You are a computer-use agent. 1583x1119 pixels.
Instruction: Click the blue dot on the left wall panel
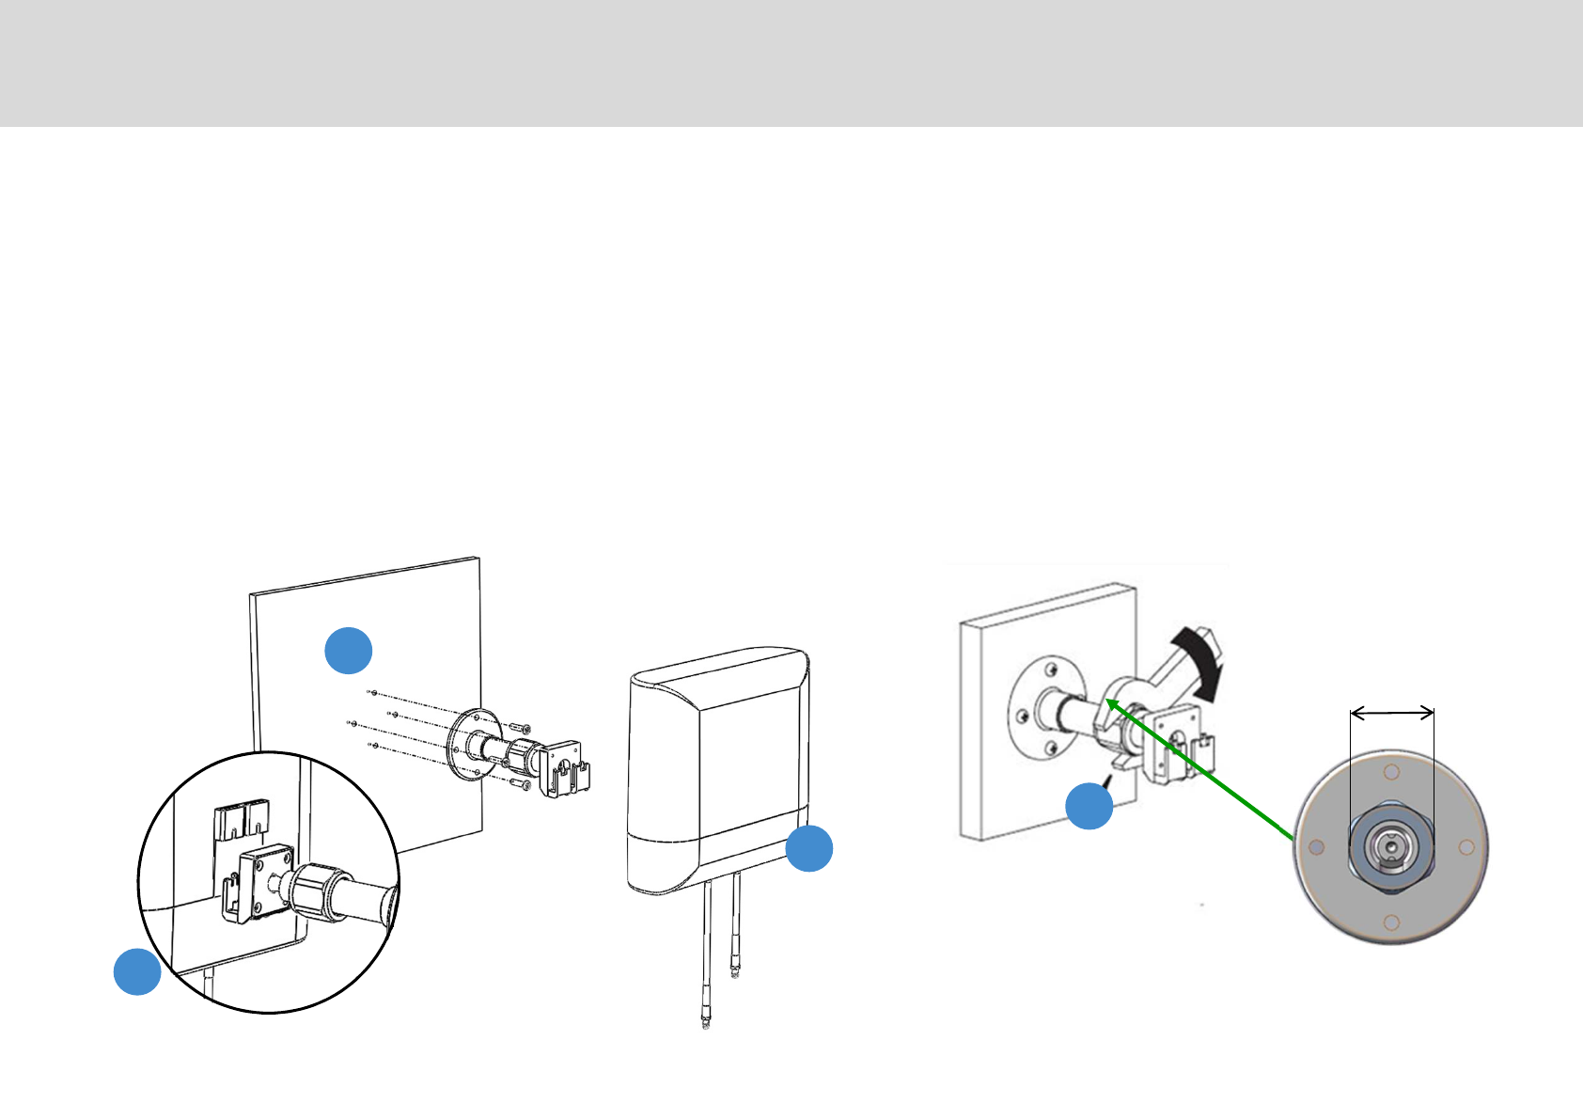(349, 650)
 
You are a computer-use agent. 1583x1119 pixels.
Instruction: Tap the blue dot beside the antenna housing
(808, 848)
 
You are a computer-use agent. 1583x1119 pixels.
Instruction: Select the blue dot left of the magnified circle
(137, 971)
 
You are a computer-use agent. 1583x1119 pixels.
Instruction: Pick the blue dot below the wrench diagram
(1089, 806)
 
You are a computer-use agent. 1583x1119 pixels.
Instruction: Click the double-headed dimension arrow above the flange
(1392, 714)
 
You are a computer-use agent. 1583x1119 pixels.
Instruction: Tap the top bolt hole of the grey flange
(1392, 773)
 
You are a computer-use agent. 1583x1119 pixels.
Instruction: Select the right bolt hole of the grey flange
(1465, 847)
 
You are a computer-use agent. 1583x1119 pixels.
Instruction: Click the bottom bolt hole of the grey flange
(1392, 922)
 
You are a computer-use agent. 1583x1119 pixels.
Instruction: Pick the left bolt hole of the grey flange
(1317, 847)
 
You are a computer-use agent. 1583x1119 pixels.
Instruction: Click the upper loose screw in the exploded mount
(521, 728)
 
